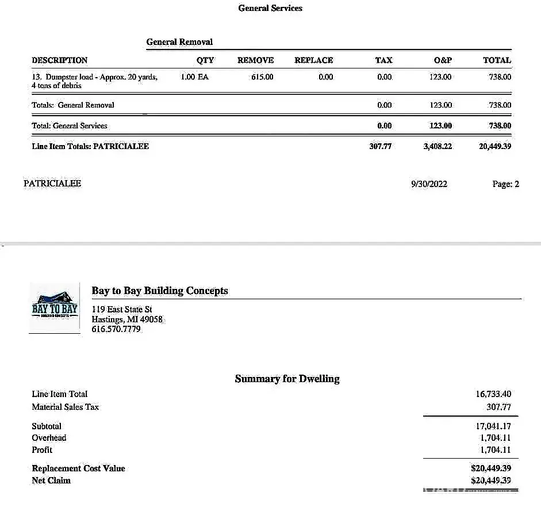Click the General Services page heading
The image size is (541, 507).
coord(270,8)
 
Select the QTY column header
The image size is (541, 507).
coord(205,60)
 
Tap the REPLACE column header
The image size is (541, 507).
coord(313,60)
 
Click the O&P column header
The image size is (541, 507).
coord(443,60)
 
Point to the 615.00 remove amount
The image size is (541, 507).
coord(262,77)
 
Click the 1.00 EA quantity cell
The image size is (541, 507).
coord(194,77)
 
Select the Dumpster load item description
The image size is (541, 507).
coord(95,81)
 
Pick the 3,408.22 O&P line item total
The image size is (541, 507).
coord(438,147)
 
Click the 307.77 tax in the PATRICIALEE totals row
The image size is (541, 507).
coord(380,147)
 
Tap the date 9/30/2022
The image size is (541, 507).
coord(429,184)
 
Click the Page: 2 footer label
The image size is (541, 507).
coord(505,184)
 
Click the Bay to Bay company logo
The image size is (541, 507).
coord(55,308)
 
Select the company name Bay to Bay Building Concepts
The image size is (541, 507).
coord(160,291)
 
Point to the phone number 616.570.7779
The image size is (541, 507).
coord(116,330)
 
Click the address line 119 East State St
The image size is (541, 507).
coord(122,310)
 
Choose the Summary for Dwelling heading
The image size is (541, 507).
coord(287,379)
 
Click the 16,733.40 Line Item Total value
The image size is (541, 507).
coord(493,394)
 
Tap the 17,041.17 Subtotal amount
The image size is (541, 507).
coord(493,426)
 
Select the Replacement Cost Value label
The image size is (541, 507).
coord(78,468)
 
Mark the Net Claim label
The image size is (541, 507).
coord(51,481)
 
